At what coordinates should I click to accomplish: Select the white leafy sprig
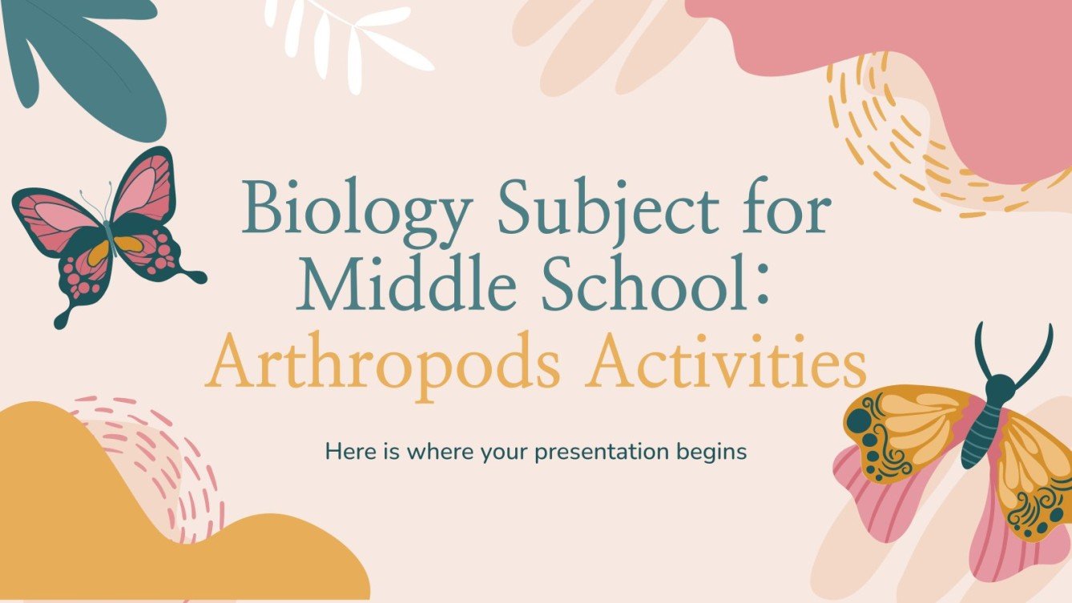click(353, 36)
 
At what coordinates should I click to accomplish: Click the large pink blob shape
click(921, 48)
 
